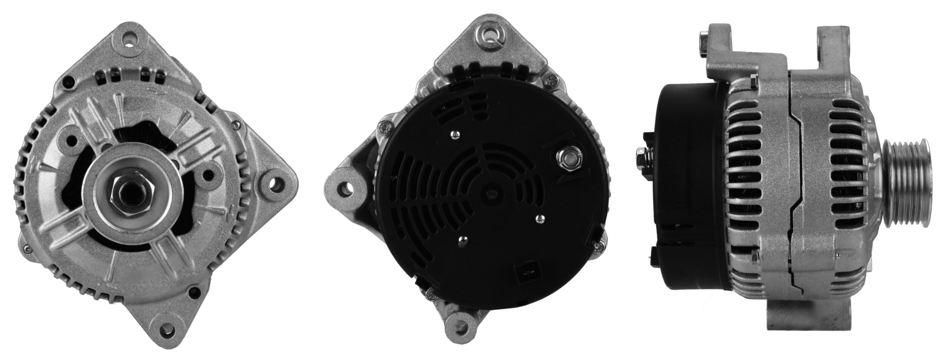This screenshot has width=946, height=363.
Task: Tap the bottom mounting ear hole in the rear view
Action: pyautogui.click(x=461, y=325)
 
